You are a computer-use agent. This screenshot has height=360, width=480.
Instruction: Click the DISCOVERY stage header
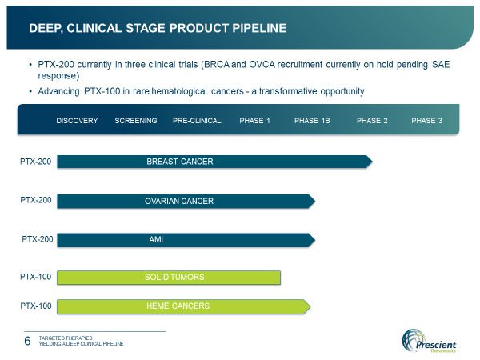[x=77, y=121]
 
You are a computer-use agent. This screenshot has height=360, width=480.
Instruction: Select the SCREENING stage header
[x=136, y=121]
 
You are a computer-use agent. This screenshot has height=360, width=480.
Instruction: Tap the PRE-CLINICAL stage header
[x=197, y=121]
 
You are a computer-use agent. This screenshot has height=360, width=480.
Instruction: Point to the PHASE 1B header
[x=312, y=121]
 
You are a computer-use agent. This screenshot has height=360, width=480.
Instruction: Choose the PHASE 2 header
[x=372, y=121]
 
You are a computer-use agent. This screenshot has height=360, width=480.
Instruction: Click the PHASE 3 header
[x=426, y=121]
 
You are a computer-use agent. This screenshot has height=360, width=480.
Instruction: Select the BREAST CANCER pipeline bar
[x=214, y=162]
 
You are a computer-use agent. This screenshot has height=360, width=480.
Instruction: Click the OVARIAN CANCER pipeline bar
[x=186, y=201]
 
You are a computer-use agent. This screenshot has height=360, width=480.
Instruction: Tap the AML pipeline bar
[x=186, y=240]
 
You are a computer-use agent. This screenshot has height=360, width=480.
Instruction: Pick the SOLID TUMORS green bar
[x=169, y=278]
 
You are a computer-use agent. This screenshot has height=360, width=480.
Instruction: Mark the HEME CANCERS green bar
[x=184, y=306]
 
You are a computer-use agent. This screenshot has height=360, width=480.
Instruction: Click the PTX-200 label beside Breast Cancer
[x=35, y=162]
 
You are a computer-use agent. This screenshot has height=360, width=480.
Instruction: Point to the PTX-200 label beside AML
[x=38, y=239]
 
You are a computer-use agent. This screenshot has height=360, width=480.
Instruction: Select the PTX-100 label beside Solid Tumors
[x=35, y=277]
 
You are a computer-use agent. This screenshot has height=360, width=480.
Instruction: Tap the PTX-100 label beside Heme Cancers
[x=36, y=306]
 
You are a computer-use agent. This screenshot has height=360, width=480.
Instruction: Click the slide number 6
[x=27, y=341]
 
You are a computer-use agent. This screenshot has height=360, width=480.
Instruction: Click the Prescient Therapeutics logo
[x=429, y=341]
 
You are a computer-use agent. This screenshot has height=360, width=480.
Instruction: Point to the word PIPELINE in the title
[x=259, y=28]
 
